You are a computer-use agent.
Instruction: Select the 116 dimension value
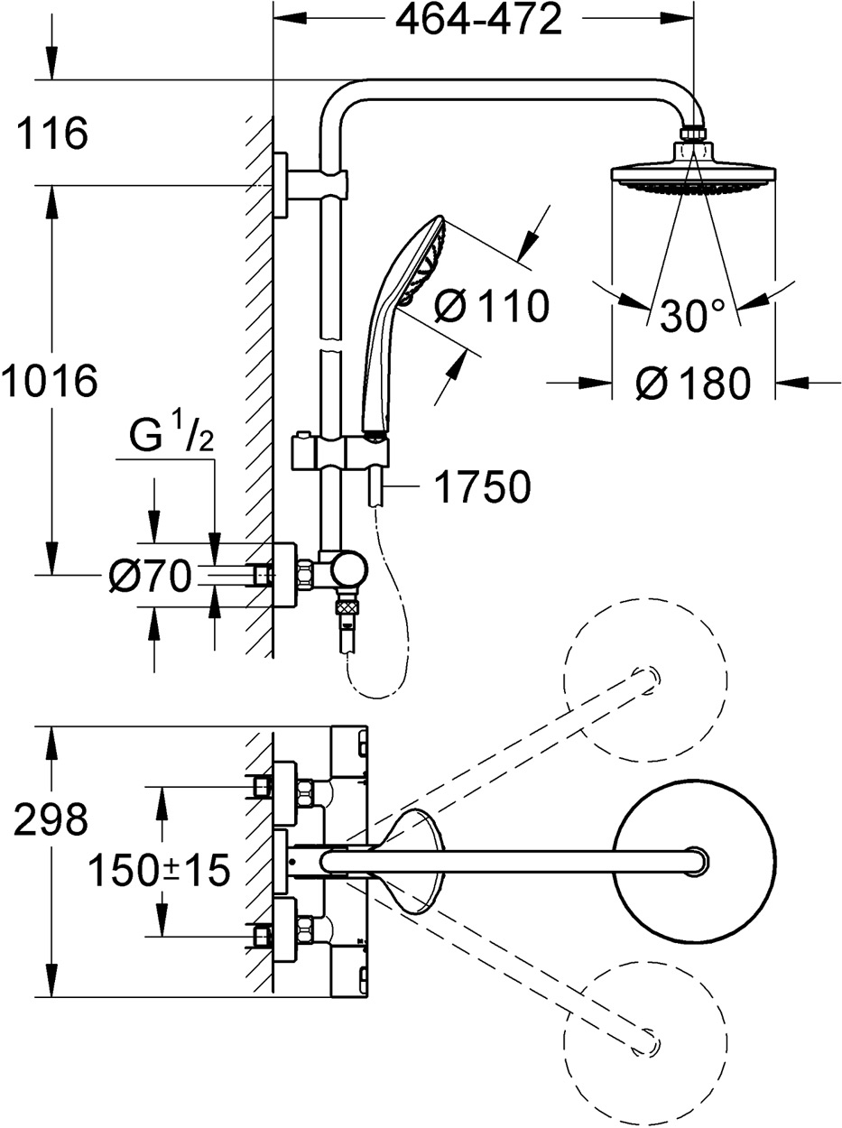(51, 134)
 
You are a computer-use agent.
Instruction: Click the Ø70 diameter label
(150, 575)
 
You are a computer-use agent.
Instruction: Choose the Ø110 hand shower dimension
(490, 307)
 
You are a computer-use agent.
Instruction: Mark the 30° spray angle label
(692, 316)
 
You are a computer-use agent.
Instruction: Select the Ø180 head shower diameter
(692, 384)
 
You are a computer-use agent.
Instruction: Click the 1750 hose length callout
(482, 487)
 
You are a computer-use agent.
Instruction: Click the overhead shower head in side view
(693, 171)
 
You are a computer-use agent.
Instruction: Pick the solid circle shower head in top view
(696, 861)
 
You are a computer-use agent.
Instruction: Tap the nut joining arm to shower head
(694, 134)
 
